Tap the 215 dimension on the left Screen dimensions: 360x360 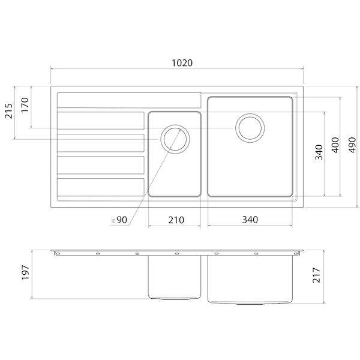8,114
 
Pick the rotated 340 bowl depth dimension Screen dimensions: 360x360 319,154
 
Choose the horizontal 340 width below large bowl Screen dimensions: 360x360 249,220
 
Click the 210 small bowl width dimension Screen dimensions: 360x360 175,220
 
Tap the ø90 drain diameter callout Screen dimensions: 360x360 120,220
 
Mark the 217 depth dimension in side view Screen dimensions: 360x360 319,275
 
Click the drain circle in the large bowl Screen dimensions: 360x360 249,127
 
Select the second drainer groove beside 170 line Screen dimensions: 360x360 101,121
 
